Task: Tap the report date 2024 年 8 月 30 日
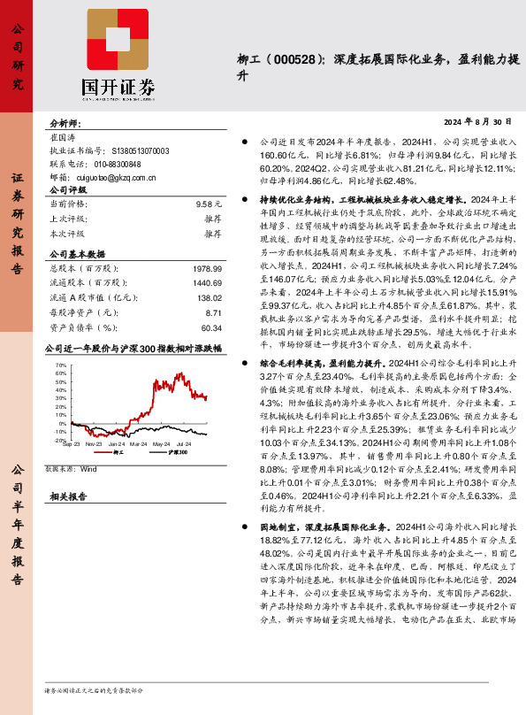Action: (477, 120)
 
